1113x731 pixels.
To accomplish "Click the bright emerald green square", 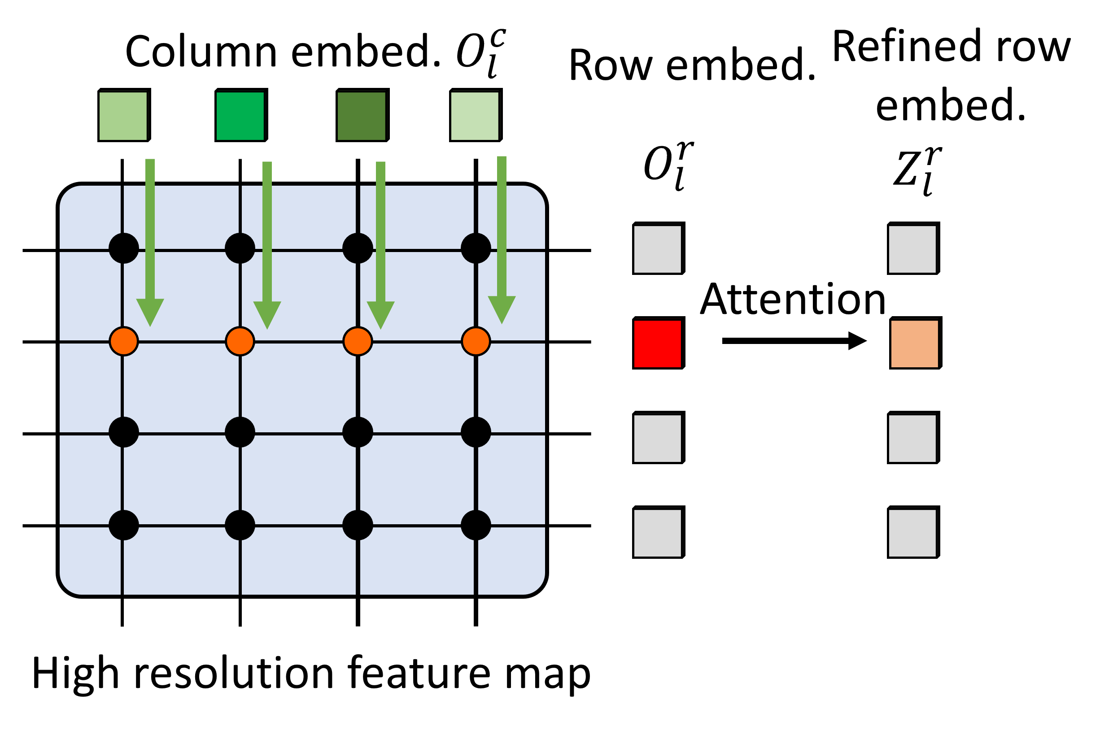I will coord(240,116).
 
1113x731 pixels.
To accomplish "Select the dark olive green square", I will coord(362,116).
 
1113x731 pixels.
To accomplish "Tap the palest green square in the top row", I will coord(475,116).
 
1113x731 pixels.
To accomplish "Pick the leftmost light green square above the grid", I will coord(123,116).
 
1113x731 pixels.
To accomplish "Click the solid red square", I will coord(657,344).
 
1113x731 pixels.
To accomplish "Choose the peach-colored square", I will coord(914,344).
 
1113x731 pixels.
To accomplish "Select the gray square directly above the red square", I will coord(657,249).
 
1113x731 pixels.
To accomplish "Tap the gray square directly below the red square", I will coord(657,439).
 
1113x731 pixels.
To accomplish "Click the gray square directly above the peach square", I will coord(912,249).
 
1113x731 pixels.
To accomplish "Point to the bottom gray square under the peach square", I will coord(912,533).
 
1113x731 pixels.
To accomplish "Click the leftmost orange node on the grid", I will coord(123,341).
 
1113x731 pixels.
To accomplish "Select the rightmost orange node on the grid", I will coord(476,341).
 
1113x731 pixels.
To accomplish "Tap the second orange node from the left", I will coord(240,341).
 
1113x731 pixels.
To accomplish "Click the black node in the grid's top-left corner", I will coord(123,248).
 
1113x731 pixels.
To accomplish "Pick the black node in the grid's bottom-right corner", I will coord(476,525).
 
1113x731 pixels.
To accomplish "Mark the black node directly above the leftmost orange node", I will coord(123,248).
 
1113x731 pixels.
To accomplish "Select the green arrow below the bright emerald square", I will coord(267,234).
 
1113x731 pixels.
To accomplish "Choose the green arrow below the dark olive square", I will coord(381,234).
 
